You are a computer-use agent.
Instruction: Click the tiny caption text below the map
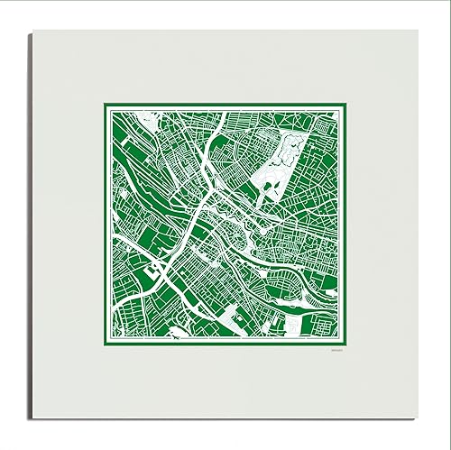coord(333,353)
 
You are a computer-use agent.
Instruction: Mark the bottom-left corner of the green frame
coord(101,346)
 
